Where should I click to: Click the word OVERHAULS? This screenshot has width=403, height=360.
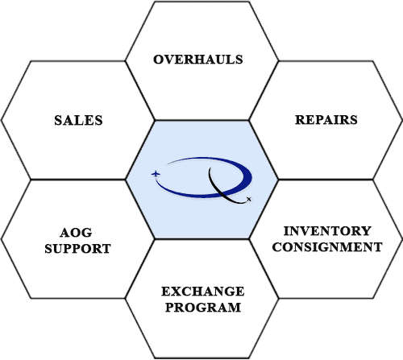point(197,60)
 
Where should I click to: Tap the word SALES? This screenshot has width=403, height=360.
point(78,120)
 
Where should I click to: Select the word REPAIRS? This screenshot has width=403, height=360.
point(326,120)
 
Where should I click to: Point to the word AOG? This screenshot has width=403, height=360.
point(79,234)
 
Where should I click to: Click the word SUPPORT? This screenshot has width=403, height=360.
point(79,249)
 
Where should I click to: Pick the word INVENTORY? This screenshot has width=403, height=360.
point(326,231)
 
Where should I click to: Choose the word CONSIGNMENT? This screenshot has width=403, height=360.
point(326,246)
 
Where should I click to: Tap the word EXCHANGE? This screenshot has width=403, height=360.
point(201,292)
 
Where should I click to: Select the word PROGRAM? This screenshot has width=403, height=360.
point(201,307)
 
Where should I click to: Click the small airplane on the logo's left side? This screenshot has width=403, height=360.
point(156,174)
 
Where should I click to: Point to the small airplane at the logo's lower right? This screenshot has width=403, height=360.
point(249,199)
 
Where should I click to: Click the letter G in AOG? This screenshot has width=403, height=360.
point(91,234)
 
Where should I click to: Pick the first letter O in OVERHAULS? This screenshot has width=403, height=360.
point(159,60)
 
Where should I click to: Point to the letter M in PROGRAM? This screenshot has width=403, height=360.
point(234,307)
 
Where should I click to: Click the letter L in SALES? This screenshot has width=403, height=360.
point(79,120)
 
